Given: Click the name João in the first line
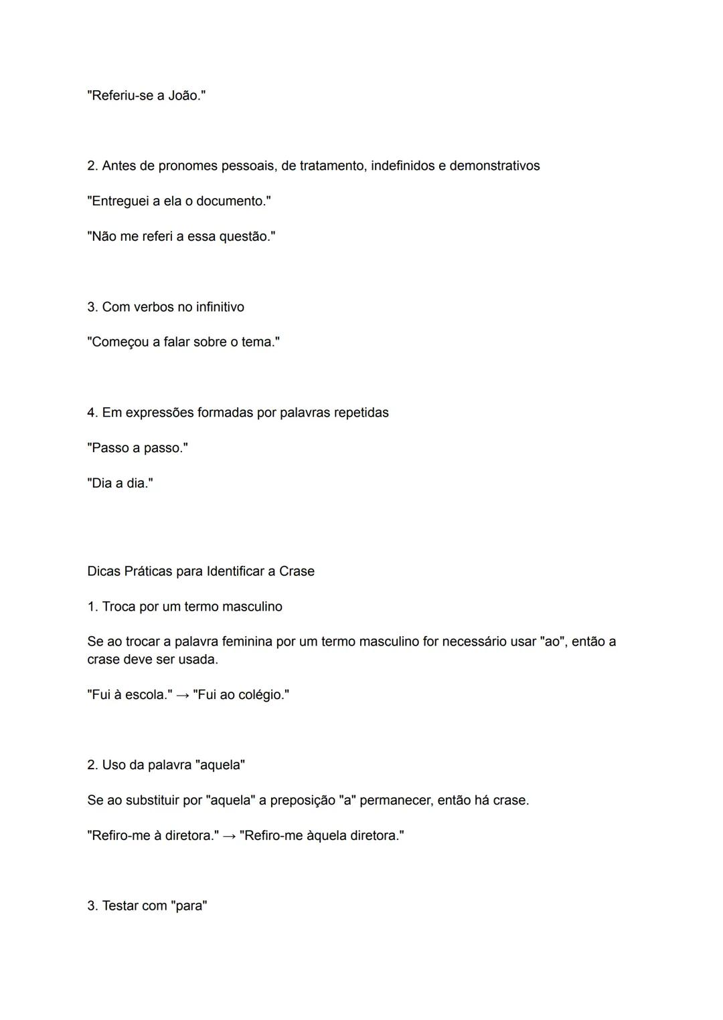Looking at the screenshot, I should point(183,96).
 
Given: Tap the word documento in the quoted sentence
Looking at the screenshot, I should point(231,201).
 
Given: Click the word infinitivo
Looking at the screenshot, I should point(220,307).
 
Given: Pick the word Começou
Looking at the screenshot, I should point(120,342).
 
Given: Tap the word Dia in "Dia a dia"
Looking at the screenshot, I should point(102,484).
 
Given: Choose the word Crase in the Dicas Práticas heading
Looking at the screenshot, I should point(297,571).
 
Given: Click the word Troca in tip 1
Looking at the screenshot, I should point(121,607).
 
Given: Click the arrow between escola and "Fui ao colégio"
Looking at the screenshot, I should point(182,696).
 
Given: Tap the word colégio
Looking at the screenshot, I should point(262,695).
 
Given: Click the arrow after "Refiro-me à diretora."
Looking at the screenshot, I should point(229,836).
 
